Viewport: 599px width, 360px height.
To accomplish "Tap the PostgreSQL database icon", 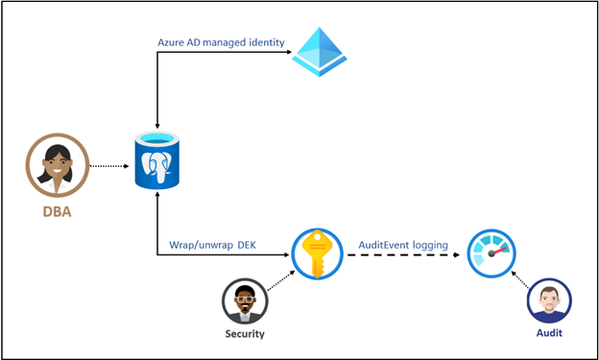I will (156, 160).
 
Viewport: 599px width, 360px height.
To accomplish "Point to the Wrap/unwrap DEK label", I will (220, 246).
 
